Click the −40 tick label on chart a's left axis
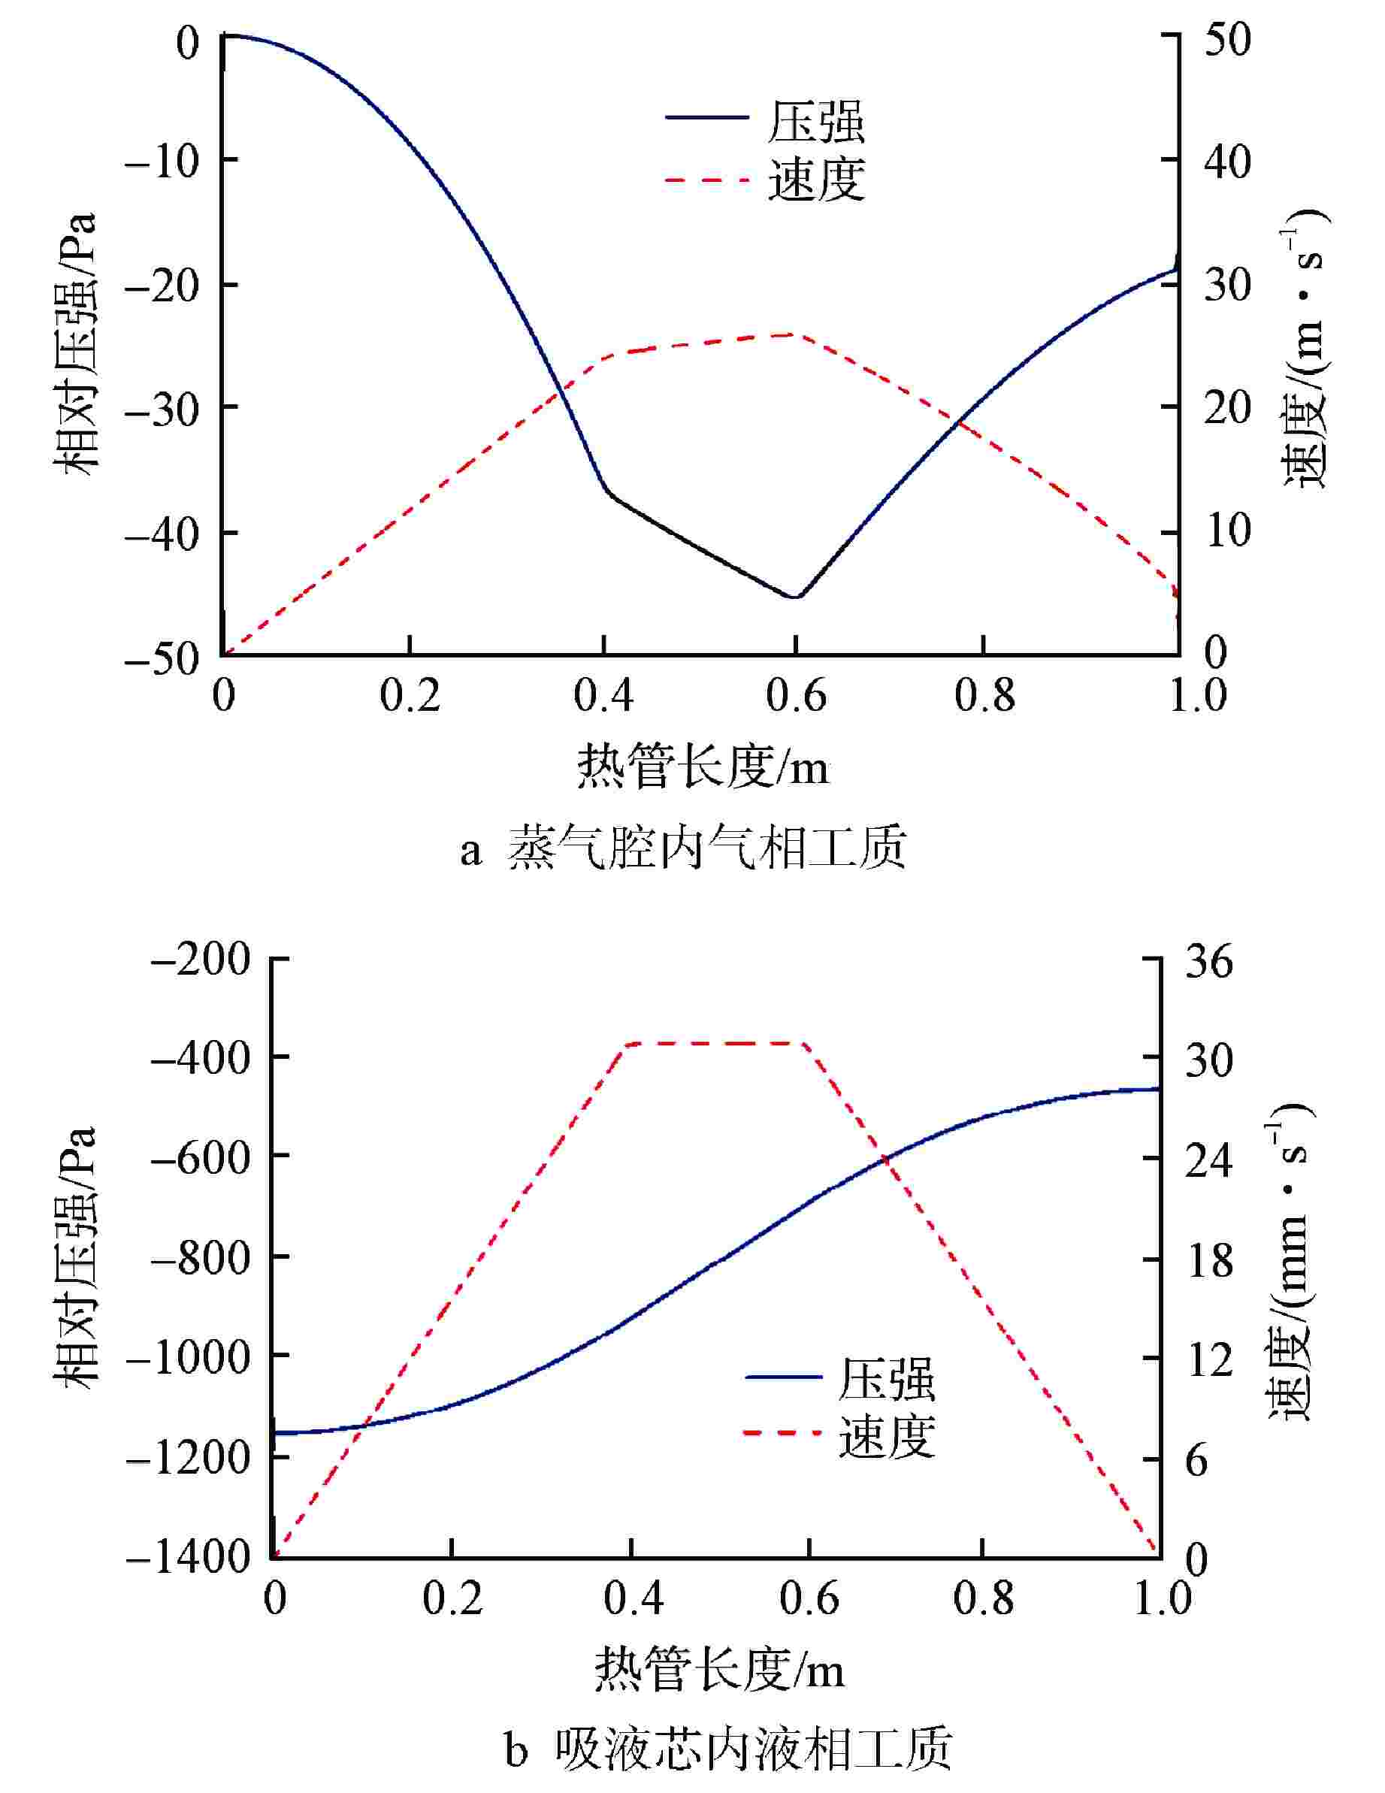[x=162, y=533]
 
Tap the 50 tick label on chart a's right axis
[x=1226, y=39]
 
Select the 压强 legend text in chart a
[x=816, y=122]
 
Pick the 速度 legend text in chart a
[x=816, y=179]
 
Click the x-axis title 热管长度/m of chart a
[x=703, y=767]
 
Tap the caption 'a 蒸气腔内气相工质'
[x=683, y=848]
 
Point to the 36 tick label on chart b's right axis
[x=1208, y=960]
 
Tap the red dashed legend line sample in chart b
[x=782, y=1433]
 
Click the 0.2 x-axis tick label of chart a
[x=410, y=696]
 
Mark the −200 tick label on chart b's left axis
[x=201, y=960]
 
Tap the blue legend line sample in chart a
[x=706, y=117]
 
